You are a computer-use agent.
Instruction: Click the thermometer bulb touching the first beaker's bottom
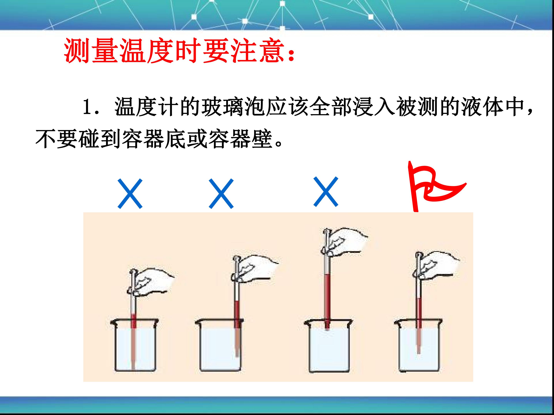[x=133, y=360]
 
